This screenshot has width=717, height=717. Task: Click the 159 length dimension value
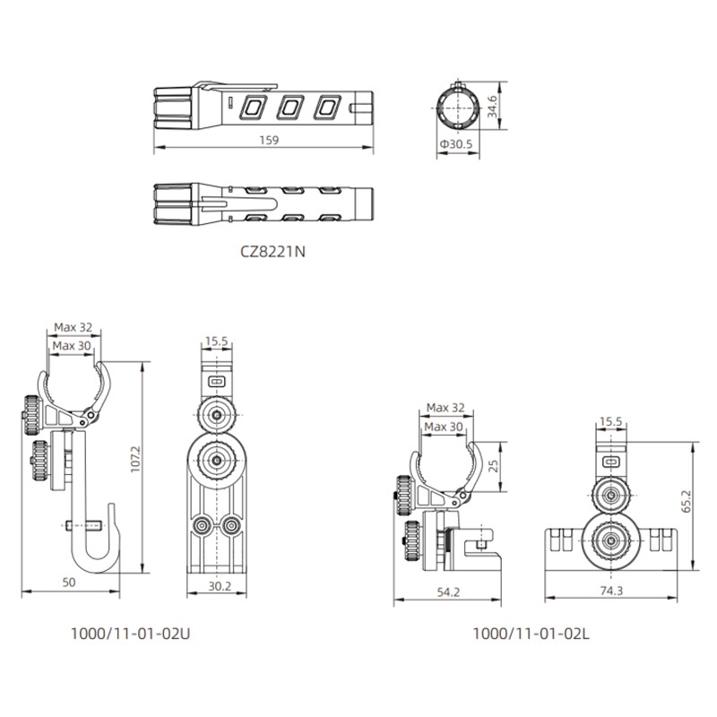pyautogui.click(x=268, y=140)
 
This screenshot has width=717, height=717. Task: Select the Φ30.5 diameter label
pyautogui.click(x=457, y=143)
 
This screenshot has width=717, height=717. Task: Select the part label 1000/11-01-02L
pyautogui.click(x=531, y=633)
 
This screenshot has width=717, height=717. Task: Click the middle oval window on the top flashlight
pyautogui.click(x=289, y=108)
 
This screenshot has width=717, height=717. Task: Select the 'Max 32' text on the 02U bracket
pyautogui.click(x=73, y=327)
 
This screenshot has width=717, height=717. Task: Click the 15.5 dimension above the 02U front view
pyautogui.click(x=217, y=341)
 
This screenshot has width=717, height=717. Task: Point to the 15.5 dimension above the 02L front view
pyautogui.click(x=610, y=420)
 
